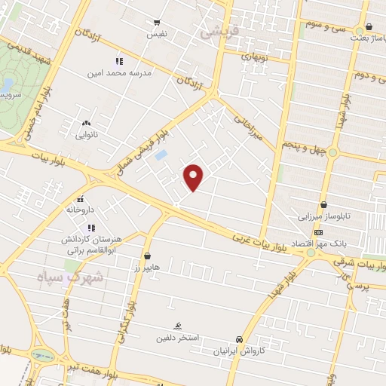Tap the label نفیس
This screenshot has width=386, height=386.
(156, 35)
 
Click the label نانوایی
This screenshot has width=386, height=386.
(86, 136)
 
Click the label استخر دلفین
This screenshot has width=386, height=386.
(177, 337)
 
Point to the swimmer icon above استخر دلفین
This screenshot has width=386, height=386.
(177, 326)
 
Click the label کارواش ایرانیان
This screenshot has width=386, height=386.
(239, 351)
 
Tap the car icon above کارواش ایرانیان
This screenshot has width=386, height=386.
(239, 339)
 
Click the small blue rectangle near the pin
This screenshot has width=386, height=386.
(160, 155)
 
